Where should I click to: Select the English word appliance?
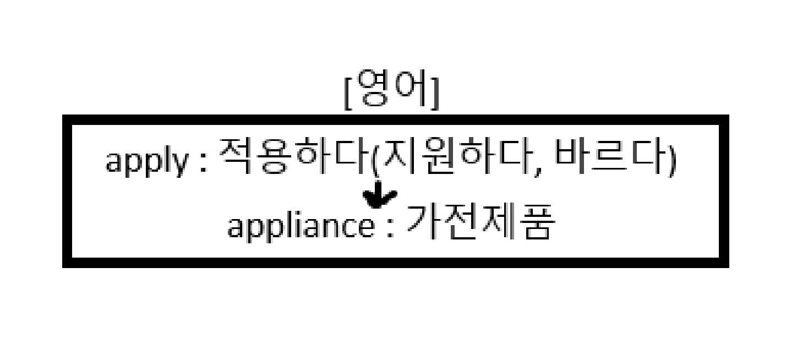tap(301, 226)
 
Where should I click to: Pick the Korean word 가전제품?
tap(478, 222)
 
